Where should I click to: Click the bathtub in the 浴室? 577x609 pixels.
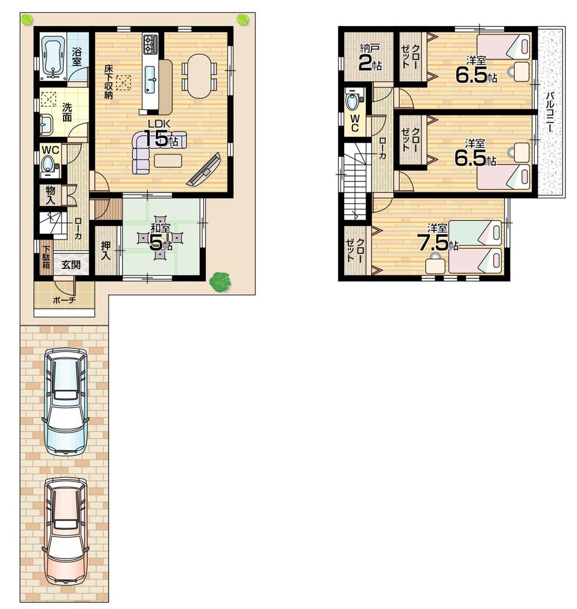tap(53, 58)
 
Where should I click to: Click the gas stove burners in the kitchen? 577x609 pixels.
tap(151, 44)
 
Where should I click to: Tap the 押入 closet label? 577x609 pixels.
tap(107, 249)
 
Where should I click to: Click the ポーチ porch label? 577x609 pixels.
tap(64, 300)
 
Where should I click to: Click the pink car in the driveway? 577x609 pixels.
tap(65, 532)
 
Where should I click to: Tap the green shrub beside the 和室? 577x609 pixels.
tap(220, 281)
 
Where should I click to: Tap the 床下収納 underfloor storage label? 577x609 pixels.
tap(108, 81)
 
